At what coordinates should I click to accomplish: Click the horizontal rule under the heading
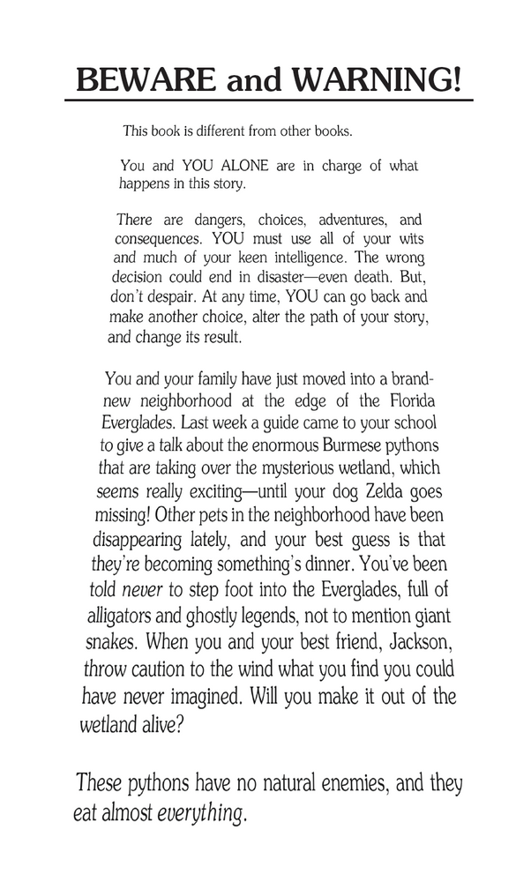click(x=269, y=101)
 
